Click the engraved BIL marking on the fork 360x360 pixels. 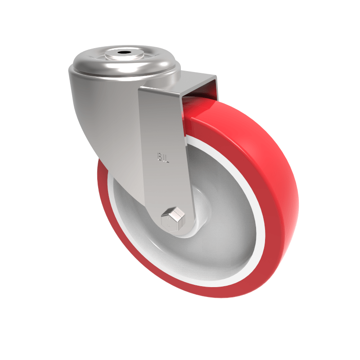click(x=163, y=157)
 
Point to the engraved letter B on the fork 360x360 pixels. click(x=160, y=157)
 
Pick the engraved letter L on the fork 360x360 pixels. click(x=166, y=157)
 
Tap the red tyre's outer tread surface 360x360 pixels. click(x=270, y=171)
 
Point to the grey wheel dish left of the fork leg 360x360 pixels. click(x=130, y=225)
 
